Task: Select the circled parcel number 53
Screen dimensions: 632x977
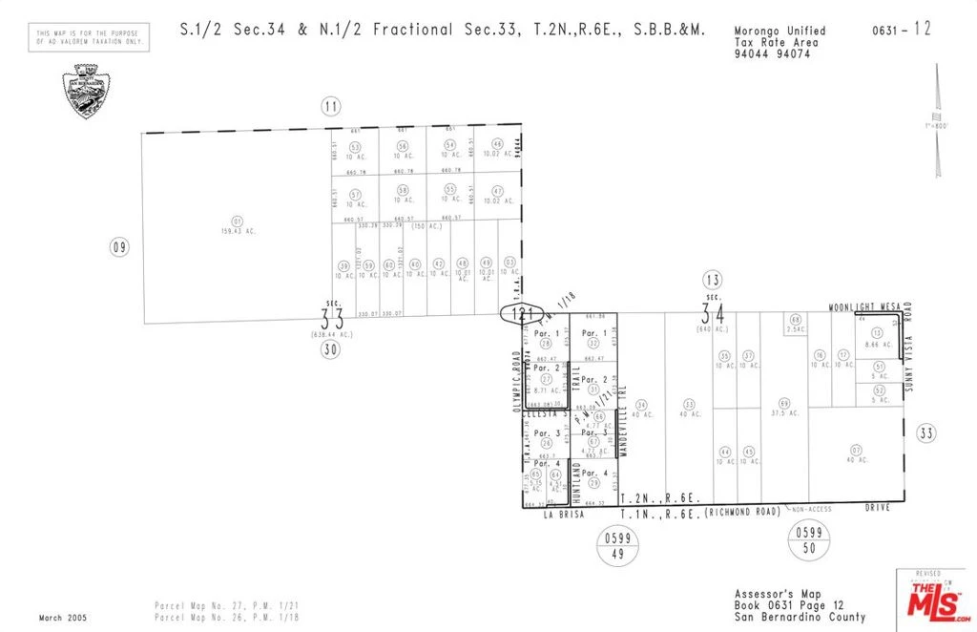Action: coord(355,147)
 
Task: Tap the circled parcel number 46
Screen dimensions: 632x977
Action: coord(497,144)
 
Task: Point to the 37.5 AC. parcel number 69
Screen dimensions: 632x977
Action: coord(784,403)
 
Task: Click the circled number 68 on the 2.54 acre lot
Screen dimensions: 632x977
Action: coord(795,319)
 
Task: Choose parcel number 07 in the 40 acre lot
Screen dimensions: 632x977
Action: coord(856,450)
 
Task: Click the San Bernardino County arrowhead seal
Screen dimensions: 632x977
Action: coord(85,91)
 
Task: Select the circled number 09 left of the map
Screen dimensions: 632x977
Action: coord(119,248)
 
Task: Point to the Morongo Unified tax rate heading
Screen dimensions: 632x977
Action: coord(780,32)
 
